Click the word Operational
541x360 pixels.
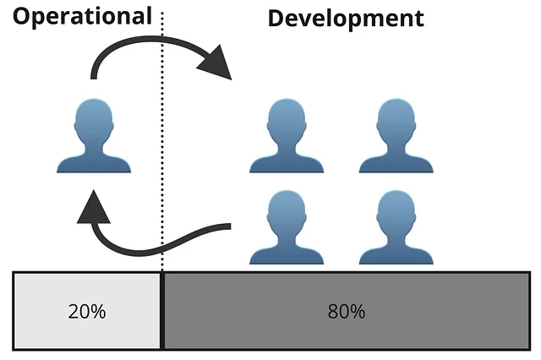[x=82, y=15]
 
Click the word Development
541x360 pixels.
[x=345, y=18]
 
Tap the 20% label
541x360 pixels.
[x=87, y=311]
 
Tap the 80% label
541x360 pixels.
[x=346, y=311]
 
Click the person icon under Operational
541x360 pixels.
[x=94, y=137]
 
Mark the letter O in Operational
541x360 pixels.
[x=22, y=15]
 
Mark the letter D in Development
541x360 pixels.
[x=277, y=18]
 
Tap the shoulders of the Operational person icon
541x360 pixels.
[x=94, y=161]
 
